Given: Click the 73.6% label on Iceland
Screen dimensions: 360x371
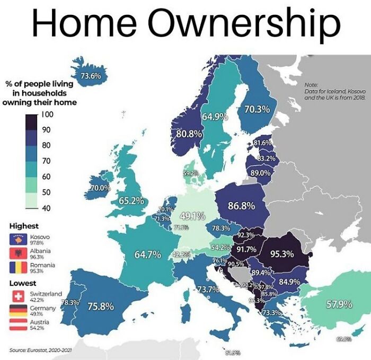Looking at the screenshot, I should [90, 76].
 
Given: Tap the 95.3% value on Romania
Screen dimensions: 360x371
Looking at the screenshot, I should [282, 254].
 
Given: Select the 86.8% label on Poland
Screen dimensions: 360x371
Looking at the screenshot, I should [241, 206].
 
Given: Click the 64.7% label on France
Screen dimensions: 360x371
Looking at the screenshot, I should [147, 255].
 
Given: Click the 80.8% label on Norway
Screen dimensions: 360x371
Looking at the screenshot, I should [189, 134].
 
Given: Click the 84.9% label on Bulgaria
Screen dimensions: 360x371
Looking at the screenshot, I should [289, 281].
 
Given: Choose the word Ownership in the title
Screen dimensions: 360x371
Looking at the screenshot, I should [244, 23].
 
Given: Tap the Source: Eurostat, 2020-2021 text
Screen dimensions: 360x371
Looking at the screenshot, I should [41, 349].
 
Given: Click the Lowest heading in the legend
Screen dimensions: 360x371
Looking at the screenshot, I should [23, 283].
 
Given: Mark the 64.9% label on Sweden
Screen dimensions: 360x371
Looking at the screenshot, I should [214, 116].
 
